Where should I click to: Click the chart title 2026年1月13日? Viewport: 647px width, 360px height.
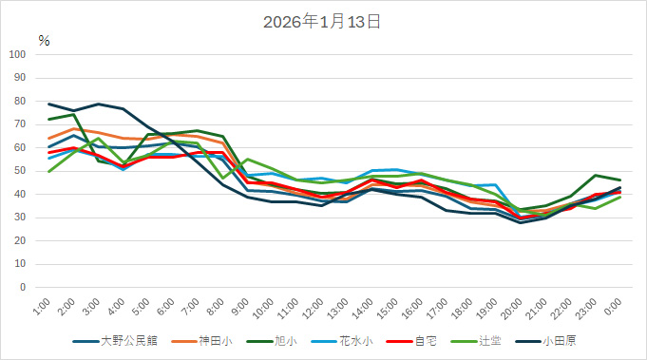322,21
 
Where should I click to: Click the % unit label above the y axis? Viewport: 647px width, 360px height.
44,40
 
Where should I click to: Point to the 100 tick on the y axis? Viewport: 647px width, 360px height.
18,54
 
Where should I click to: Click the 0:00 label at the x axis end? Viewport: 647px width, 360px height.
615,306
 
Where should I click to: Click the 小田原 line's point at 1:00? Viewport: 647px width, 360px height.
49,104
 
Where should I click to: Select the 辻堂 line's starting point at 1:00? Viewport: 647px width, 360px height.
49,171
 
